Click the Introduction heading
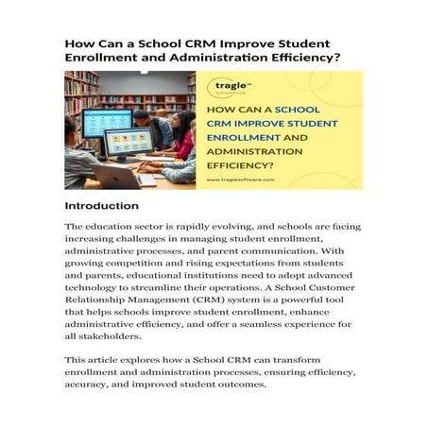click(x=101, y=205)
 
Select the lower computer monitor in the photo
click(x=128, y=144)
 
